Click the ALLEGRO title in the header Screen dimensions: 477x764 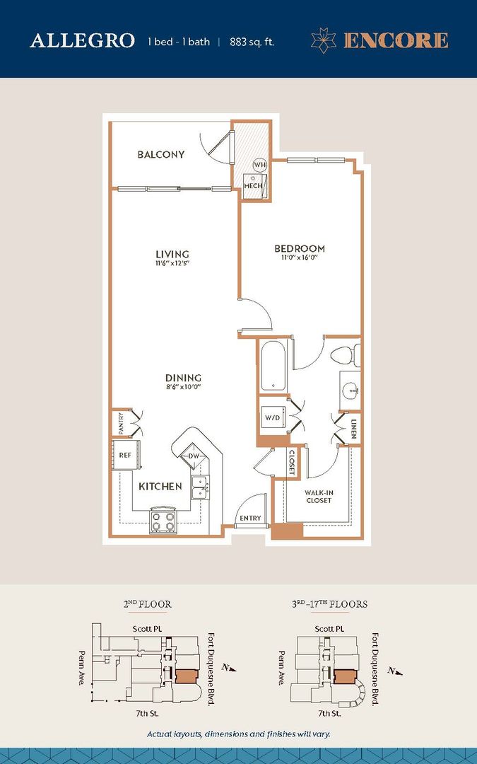point(82,41)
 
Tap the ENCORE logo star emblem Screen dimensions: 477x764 point(323,40)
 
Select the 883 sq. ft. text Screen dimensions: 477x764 point(252,42)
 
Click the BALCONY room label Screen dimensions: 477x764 point(161,154)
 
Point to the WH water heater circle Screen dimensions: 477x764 point(260,165)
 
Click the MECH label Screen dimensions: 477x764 point(253,185)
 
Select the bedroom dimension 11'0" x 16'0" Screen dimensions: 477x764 point(300,257)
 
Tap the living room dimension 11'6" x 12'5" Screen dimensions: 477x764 point(172,264)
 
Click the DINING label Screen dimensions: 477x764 point(184,378)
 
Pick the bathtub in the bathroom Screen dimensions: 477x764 point(273,366)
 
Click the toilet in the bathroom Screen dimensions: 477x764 point(346,354)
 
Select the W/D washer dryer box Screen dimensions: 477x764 point(273,417)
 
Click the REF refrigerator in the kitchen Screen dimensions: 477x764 point(126,455)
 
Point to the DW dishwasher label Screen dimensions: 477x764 point(194,456)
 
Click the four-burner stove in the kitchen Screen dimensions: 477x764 point(163,521)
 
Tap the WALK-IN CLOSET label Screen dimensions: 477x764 point(319,497)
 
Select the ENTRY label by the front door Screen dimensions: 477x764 point(250,518)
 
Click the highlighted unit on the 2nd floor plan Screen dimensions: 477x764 point(186,676)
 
